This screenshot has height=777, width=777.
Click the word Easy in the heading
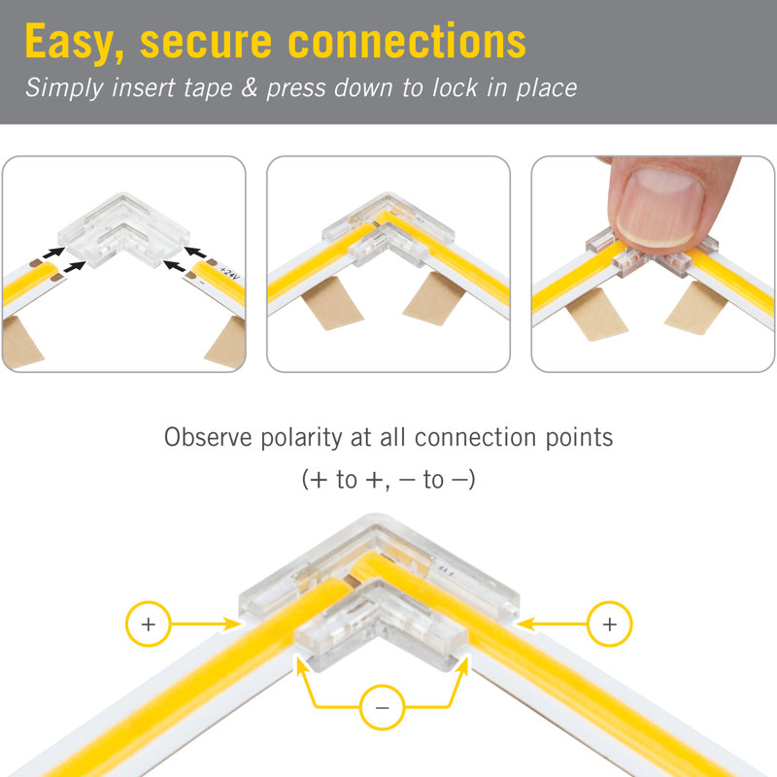tap(75, 43)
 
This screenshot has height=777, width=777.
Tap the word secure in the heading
tap(206, 43)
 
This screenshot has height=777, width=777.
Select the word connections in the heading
tap(407, 42)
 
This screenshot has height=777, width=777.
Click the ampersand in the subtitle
tap(250, 87)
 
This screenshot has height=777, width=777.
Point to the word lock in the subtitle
tap(456, 87)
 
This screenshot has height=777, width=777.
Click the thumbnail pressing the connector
tap(659, 207)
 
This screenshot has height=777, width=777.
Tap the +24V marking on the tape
tap(229, 273)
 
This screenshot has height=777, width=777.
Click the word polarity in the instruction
tap(301, 438)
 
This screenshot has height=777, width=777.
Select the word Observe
tap(208, 438)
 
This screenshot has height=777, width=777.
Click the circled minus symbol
tap(382, 707)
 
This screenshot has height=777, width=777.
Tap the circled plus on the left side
tap(149, 624)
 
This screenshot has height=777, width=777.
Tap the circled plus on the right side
tap(610, 624)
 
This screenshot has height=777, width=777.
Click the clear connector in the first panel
tap(124, 229)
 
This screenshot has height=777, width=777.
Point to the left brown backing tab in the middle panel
tap(332, 303)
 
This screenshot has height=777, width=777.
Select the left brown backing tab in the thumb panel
tap(596, 315)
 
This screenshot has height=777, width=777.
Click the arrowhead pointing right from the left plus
tap(231, 624)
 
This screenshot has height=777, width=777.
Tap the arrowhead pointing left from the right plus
tap(525, 624)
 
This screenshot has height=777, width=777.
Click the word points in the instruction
tap(579, 438)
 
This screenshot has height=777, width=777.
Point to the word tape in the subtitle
tap(208, 88)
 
